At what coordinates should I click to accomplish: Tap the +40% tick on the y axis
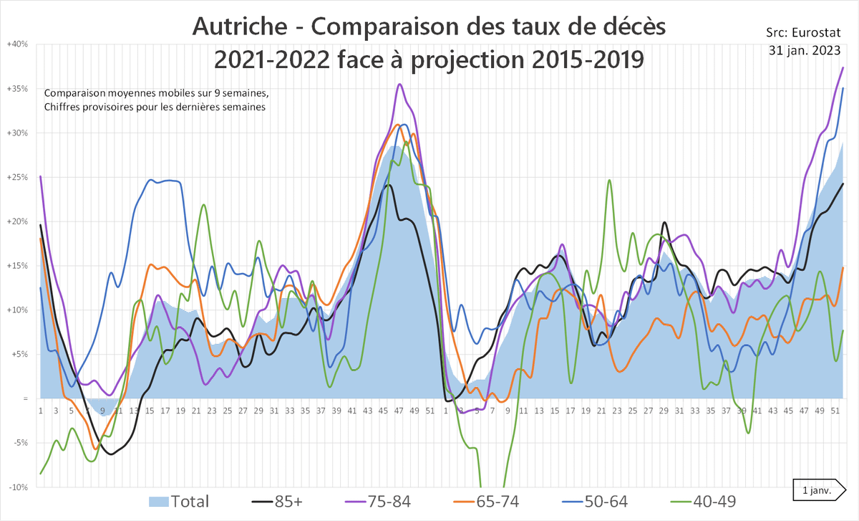[x=17, y=44]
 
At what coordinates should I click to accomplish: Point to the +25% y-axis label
[x=17, y=177]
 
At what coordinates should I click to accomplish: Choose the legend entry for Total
[x=179, y=501]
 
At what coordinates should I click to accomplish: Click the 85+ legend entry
[x=280, y=501]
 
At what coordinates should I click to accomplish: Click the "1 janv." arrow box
[x=818, y=490]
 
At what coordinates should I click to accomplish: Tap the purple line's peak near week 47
[x=399, y=84]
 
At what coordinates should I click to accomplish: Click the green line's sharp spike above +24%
[x=609, y=180]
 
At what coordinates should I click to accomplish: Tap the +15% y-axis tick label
[x=17, y=266]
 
